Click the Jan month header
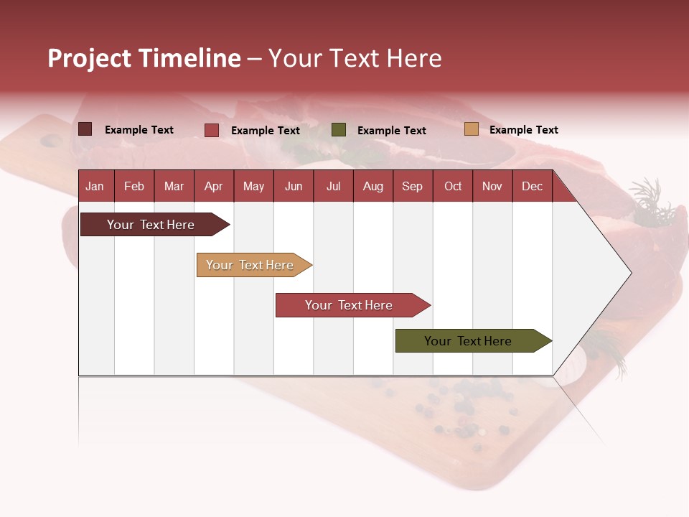click(x=95, y=186)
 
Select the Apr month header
click(x=214, y=186)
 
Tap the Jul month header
click(x=333, y=186)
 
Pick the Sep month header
click(x=412, y=186)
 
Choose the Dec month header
click(x=532, y=186)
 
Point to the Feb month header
click(x=134, y=186)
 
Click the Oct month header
click(x=453, y=186)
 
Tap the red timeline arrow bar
click(x=350, y=305)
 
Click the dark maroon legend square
click(x=85, y=129)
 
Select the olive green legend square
click(x=339, y=130)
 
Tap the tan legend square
click(x=471, y=129)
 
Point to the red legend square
click(x=212, y=130)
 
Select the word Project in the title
click(x=90, y=58)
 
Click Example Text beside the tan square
click(x=523, y=130)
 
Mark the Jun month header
click(x=294, y=186)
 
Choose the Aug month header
click(x=372, y=186)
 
